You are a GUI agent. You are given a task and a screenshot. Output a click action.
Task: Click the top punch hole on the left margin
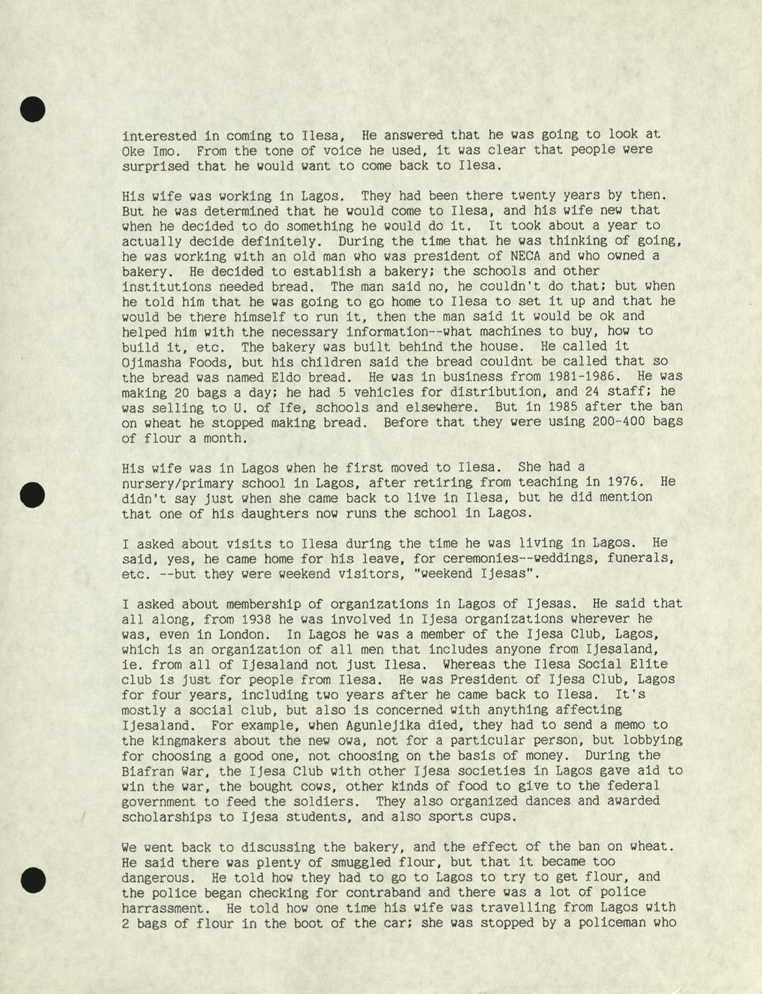pyautogui.click(x=32, y=109)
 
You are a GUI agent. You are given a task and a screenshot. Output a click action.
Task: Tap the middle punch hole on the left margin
pyautogui.click(x=32, y=494)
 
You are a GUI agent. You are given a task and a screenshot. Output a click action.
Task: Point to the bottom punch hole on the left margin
pyautogui.click(x=32, y=880)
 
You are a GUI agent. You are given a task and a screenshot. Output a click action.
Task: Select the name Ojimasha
pyautogui.click(x=151, y=362)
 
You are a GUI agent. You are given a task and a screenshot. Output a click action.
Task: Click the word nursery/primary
pyautogui.click(x=178, y=483)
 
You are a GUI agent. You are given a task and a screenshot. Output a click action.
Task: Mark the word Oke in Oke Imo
pyautogui.click(x=133, y=151)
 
